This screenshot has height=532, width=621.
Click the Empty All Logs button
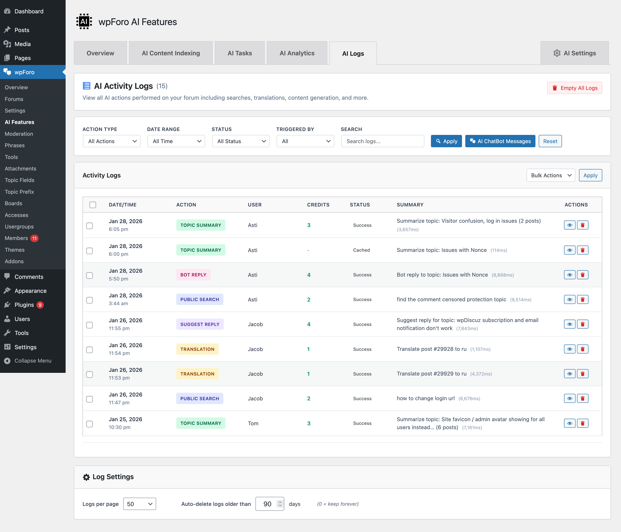[x=574, y=88]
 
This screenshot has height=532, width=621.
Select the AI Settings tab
[x=575, y=53]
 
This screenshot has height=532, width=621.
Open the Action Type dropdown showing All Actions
[x=111, y=141]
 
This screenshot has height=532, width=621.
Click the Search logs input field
[x=382, y=141]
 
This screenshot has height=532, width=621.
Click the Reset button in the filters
[x=550, y=141]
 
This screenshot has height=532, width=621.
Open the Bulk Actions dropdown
[x=551, y=175]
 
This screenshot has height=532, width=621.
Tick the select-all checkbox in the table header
[x=93, y=205]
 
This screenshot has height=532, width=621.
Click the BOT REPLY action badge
[x=193, y=275]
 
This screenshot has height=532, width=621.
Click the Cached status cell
[x=361, y=250]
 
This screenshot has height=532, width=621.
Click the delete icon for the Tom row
[x=582, y=423]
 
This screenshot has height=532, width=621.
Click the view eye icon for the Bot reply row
[x=569, y=275]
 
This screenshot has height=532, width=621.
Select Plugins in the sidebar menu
[x=24, y=305]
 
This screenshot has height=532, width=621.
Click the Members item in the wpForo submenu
[x=16, y=238]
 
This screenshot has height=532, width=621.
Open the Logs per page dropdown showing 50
[x=139, y=504]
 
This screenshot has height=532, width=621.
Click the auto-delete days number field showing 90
[x=267, y=504]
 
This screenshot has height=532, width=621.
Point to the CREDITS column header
[x=318, y=205]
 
